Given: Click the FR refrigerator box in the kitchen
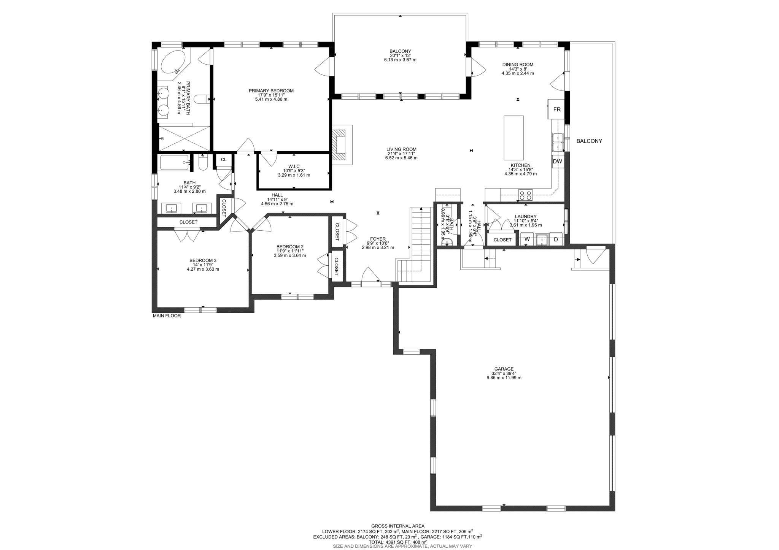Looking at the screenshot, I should pyautogui.click(x=556, y=109).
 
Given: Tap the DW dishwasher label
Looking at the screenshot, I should pyautogui.click(x=557, y=162).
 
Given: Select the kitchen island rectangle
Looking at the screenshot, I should pyautogui.click(x=514, y=138).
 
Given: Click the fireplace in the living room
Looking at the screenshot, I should pyautogui.click(x=339, y=145).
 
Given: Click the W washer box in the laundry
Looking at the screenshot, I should pyautogui.click(x=527, y=239).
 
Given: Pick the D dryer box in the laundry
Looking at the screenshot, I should pyautogui.click(x=556, y=239).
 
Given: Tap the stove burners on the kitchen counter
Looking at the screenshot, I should pyautogui.click(x=526, y=195).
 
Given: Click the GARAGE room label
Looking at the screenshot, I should pyautogui.click(x=504, y=369).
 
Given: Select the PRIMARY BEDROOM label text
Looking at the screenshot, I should pyautogui.click(x=271, y=91).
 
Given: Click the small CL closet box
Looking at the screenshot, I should pyautogui.click(x=224, y=160).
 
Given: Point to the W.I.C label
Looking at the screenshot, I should pyautogui.click(x=294, y=166).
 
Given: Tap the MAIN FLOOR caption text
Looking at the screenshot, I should pyautogui.click(x=167, y=316).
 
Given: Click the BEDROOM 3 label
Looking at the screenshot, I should pyautogui.click(x=203, y=260).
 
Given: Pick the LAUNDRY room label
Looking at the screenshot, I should pyautogui.click(x=525, y=217).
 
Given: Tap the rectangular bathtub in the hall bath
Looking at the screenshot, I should pyautogui.click(x=174, y=163).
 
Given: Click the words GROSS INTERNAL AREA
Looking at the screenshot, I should pyautogui.click(x=397, y=526).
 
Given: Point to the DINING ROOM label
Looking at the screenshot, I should pyautogui.click(x=517, y=65).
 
